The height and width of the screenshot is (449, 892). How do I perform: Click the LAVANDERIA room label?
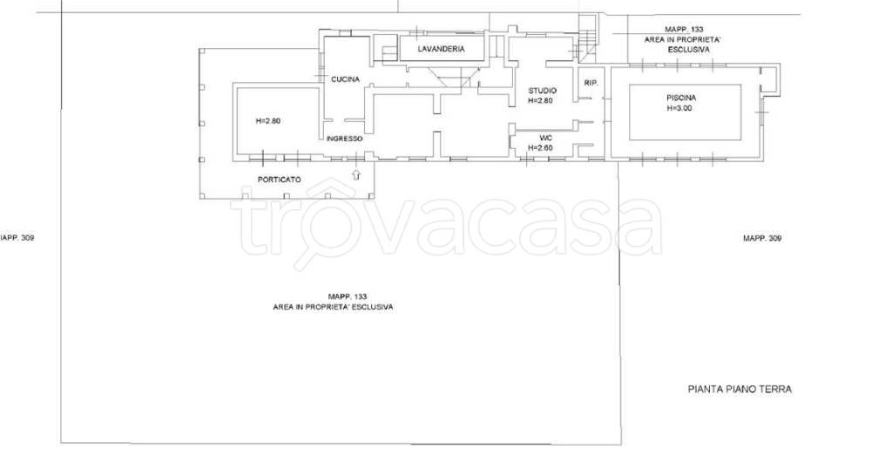click(441, 49)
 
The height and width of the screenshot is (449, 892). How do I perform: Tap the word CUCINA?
click(345, 79)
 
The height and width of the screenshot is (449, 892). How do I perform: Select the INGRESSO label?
click(344, 139)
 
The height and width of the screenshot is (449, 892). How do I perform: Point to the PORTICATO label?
click(280, 180)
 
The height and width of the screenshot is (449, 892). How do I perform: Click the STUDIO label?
click(542, 91)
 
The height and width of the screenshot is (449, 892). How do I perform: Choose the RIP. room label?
click(591, 83)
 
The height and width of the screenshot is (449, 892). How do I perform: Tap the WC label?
click(546, 139)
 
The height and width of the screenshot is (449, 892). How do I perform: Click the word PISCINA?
click(681, 98)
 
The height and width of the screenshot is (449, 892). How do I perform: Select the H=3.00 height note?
click(679, 108)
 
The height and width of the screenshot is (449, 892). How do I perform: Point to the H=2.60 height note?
click(540, 148)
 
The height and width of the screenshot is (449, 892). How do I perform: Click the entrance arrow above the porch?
click(356, 174)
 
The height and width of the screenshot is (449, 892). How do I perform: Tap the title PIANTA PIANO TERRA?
click(740, 389)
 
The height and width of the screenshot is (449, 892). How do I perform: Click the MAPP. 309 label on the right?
click(761, 238)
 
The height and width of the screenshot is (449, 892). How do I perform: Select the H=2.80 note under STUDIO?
click(540, 101)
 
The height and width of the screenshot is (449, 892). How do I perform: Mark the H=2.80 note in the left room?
click(268, 120)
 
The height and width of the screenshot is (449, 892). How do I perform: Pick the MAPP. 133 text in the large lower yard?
click(348, 296)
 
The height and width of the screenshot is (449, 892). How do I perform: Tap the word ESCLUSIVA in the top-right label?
click(688, 50)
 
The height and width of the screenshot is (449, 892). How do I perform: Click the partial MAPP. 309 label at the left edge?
click(17, 238)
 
